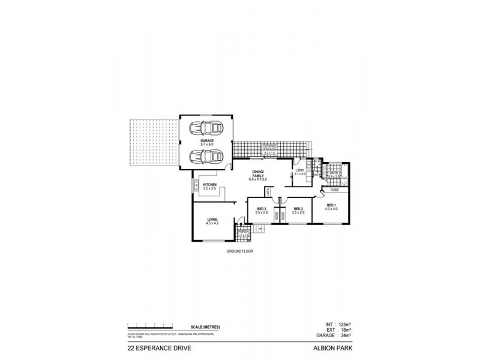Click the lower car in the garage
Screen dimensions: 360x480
pyautogui.click(x=204, y=157)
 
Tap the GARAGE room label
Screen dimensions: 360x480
pyautogui.click(x=207, y=140)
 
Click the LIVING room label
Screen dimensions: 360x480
pyautogui.click(x=212, y=220)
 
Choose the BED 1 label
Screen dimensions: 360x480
pyautogui.click(x=332, y=205)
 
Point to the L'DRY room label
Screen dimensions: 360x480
pyautogui.click(x=300, y=170)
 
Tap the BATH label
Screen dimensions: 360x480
pyautogui.click(x=335, y=173)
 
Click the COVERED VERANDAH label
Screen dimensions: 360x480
pyautogui.click(x=268, y=148)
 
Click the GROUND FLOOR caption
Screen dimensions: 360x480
pyautogui.click(x=240, y=252)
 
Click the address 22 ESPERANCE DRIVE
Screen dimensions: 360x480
pyautogui.click(x=155, y=347)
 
